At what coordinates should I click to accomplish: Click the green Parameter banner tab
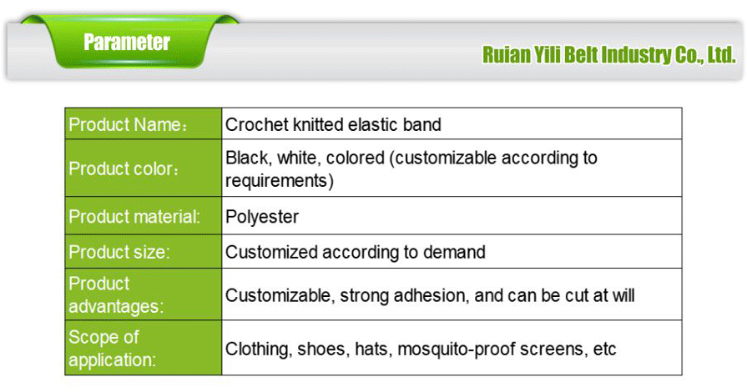[x=127, y=43]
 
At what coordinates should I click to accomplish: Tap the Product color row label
[x=124, y=168]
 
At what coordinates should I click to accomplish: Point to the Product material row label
[x=134, y=217]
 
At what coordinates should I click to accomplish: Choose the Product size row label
[x=119, y=252]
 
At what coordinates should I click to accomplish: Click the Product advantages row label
[x=116, y=295]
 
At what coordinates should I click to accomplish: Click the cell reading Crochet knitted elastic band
[x=333, y=125]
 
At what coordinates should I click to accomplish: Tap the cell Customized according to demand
[x=355, y=252]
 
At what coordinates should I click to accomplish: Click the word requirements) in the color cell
[x=280, y=180]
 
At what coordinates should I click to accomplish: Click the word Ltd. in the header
[x=719, y=56]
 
